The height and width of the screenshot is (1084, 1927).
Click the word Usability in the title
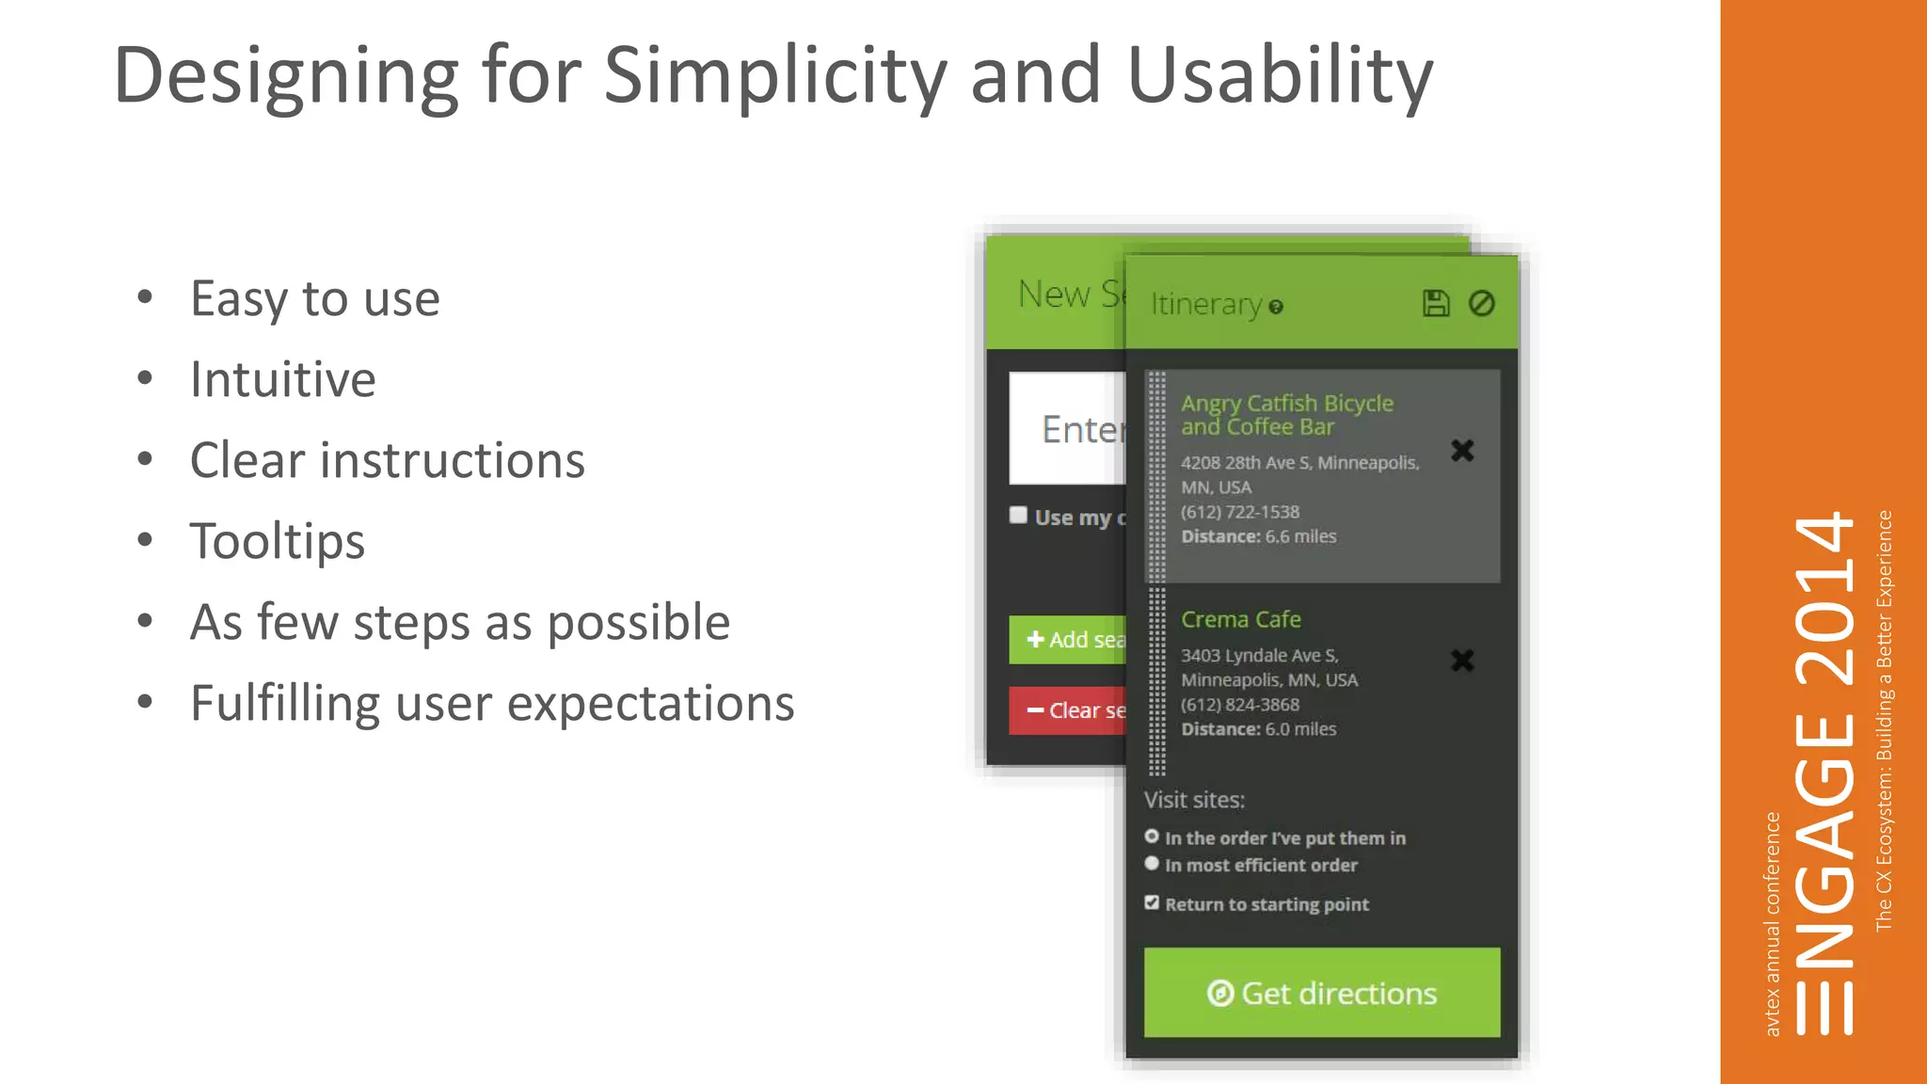coord(1280,77)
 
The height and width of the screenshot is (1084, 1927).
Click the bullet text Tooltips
coord(278,542)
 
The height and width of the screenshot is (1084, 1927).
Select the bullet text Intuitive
coord(283,380)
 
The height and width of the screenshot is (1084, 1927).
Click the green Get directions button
coord(1321,994)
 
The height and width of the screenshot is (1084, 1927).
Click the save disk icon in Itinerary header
coord(1435,304)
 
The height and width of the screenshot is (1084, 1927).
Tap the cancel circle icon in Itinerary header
coord(1482,304)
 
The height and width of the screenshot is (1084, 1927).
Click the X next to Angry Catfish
coord(1462,451)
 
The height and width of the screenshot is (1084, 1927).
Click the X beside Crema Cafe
coord(1462,661)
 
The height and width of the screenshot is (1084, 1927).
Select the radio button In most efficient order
coord(1152,864)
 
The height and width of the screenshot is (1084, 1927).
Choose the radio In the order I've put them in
coord(1152,837)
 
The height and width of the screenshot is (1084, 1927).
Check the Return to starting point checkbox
coord(1152,903)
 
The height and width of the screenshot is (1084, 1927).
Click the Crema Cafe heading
coord(1241,620)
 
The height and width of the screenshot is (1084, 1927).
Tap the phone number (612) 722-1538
coord(1240,513)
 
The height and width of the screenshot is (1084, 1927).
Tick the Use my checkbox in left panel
coord(1018,516)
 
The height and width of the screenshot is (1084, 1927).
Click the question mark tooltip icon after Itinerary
coord(1276,308)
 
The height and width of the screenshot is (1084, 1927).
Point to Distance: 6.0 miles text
coord(1258,729)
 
